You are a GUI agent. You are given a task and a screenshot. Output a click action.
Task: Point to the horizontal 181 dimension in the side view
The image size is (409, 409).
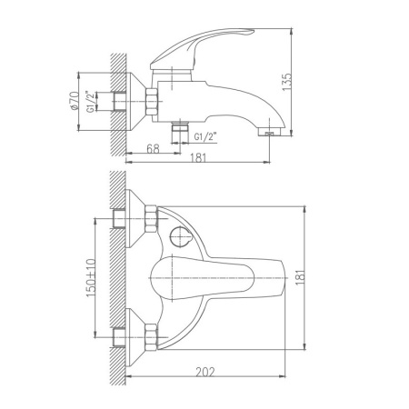click(x=198, y=158)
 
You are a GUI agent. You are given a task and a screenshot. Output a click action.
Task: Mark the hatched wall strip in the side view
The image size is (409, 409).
click(x=116, y=100)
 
